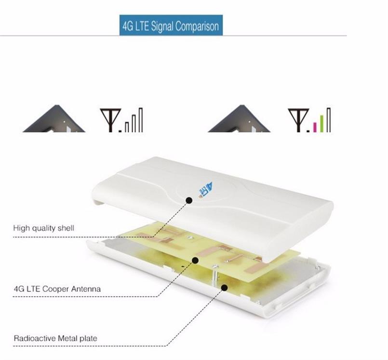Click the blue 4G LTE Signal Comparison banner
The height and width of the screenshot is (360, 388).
(x=171, y=25)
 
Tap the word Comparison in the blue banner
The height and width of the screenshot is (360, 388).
(x=197, y=26)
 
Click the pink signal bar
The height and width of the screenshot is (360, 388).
(x=315, y=127)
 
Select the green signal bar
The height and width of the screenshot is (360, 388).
(x=322, y=124)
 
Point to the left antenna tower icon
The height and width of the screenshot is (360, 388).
(x=110, y=120)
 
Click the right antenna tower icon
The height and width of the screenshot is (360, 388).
(x=298, y=120)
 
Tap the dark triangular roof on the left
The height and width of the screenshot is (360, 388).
(x=54, y=119)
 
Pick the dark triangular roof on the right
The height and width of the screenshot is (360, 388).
(x=239, y=119)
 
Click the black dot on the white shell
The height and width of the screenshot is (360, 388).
(x=189, y=200)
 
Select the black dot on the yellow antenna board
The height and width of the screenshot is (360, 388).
(x=195, y=260)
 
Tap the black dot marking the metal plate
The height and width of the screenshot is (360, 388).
(x=225, y=288)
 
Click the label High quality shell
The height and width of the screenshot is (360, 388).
(x=43, y=228)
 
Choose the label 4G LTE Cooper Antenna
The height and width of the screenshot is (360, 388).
(x=57, y=289)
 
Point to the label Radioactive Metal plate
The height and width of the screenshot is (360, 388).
(x=55, y=338)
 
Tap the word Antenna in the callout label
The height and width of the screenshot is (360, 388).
(x=86, y=289)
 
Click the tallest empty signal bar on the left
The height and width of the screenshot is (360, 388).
(x=141, y=120)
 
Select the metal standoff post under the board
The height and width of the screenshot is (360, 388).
(x=215, y=275)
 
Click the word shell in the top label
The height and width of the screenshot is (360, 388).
(x=66, y=228)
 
